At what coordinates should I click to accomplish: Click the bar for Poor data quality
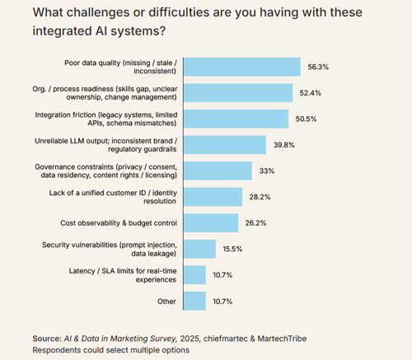[241, 67]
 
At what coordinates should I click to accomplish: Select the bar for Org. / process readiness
[238, 93]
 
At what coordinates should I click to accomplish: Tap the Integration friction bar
[236, 119]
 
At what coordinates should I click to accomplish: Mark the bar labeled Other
[194, 301]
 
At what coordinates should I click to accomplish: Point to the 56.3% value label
[317, 68]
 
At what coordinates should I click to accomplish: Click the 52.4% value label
[310, 93]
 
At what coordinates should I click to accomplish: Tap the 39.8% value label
[283, 145]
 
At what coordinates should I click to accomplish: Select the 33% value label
[266, 171]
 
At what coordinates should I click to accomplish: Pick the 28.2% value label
[260, 197]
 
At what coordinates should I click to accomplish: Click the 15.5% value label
[233, 249]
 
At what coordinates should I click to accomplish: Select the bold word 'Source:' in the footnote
[46, 338]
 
